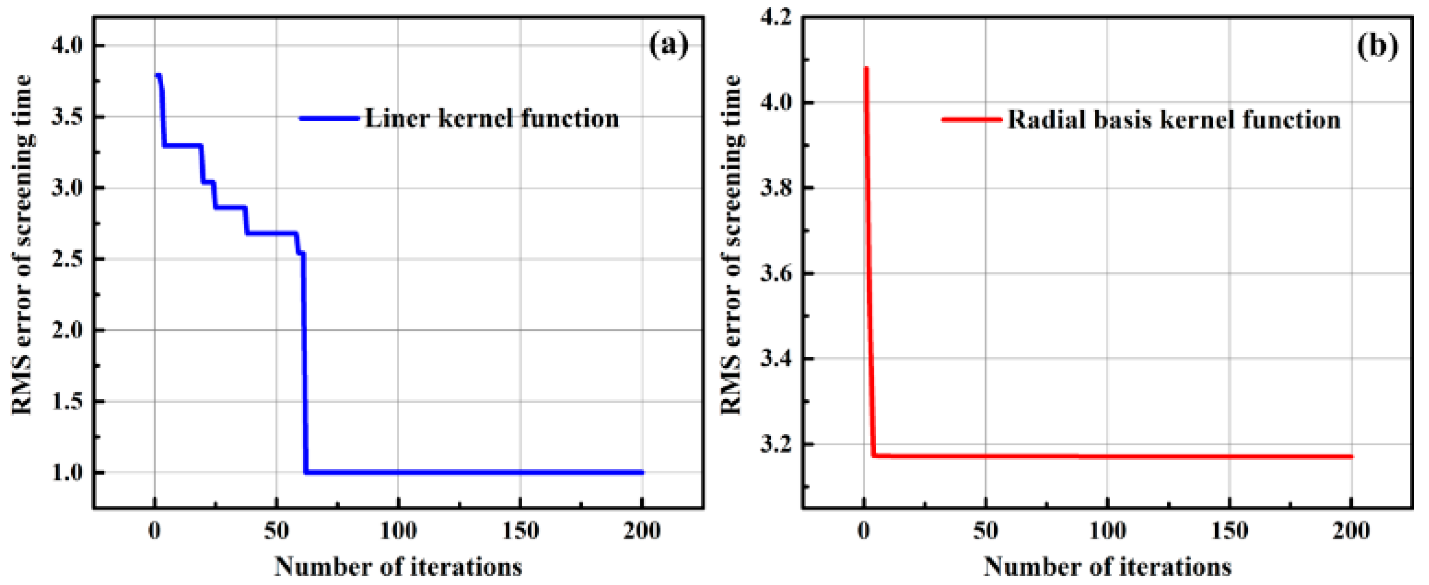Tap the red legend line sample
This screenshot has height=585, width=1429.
tap(972, 120)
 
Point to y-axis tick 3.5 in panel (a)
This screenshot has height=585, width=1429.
tap(66, 117)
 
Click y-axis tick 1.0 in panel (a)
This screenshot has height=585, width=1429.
tap(66, 473)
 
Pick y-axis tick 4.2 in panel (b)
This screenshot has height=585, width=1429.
tap(775, 18)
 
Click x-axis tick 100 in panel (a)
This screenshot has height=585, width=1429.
tap(398, 531)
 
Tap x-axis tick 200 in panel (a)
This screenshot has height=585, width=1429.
tap(642, 531)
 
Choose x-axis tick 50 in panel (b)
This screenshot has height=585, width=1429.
tap(985, 531)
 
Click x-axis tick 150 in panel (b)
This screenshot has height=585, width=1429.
tap(1229, 531)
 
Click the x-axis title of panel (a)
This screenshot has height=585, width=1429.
tap(398, 567)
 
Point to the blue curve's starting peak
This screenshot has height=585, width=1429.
tap(158, 75)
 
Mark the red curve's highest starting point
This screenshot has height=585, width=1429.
tap(866, 68)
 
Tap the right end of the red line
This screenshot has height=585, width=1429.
tap(1352, 457)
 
